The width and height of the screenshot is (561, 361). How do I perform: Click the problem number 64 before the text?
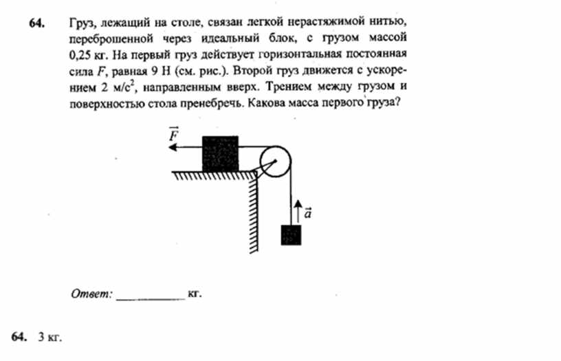click(x=37, y=23)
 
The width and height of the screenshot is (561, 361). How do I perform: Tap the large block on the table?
click(x=221, y=154)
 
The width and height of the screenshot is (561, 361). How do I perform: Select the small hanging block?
click(x=291, y=235)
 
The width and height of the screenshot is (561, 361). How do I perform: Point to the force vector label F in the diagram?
click(x=174, y=135)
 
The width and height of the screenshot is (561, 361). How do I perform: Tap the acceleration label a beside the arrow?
click(x=308, y=212)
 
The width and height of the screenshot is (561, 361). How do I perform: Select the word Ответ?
click(x=91, y=294)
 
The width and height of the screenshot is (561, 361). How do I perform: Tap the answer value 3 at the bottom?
click(x=41, y=337)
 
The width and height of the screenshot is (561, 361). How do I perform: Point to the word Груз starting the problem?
click(x=82, y=23)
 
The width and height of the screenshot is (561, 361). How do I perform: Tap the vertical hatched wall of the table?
click(x=253, y=212)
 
